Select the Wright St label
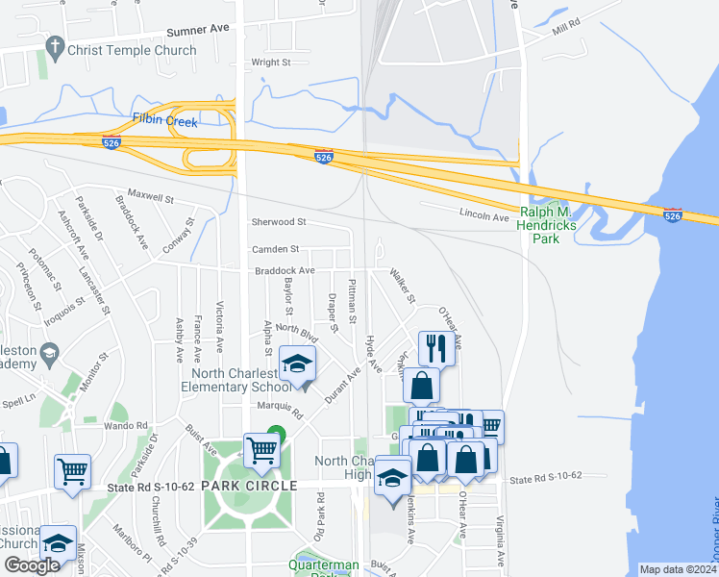270,63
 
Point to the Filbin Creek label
164,122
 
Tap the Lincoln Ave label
483,217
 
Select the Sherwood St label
279,222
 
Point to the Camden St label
276,249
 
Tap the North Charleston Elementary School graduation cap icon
298,364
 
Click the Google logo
32,565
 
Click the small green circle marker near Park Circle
276,434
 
